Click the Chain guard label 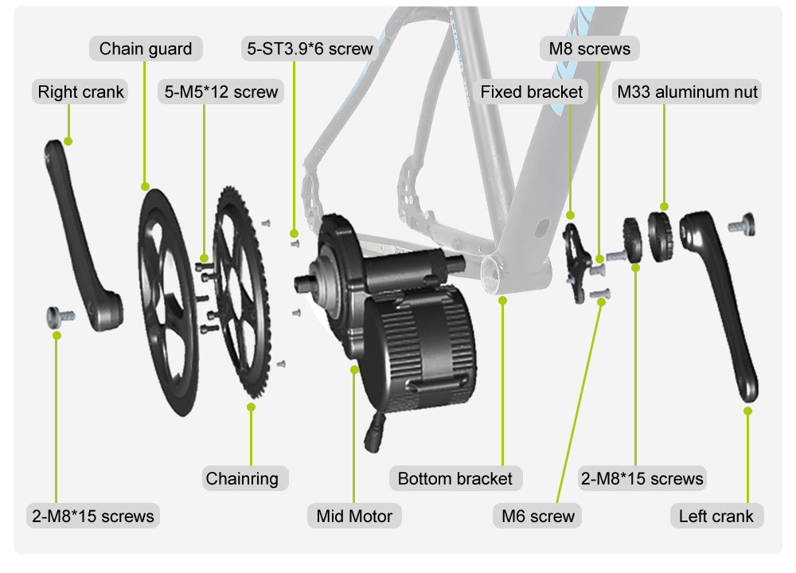(145, 49)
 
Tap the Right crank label (81, 92)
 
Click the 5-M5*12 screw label (221, 92)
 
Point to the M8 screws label (589, 49)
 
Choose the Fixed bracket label (532, 92)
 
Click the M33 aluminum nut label (688, 92)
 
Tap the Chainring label (242, 478)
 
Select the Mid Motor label (354, 516)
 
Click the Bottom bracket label (455, 478)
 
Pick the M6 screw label (538, 516)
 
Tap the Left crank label (716, 516)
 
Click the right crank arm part (84, 239)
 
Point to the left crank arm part (724, 302)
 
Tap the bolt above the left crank (741, 224)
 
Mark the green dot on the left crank (747, 411)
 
